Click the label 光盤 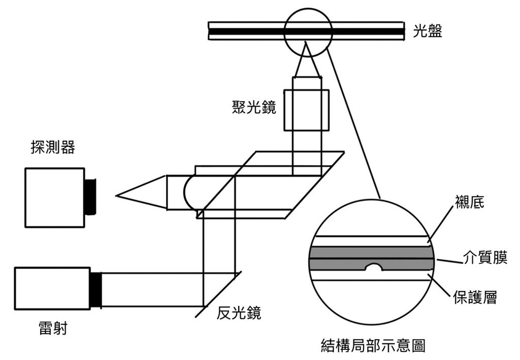tap(428, 31)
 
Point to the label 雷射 tap(52, 329)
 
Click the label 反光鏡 tap(239, 313)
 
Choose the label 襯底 tap(470, 203)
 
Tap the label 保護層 tap(475, 297)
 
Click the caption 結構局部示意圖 tap(373, 346)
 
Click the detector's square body tap(54, 197)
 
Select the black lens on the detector tap(91, 197)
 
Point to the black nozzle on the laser tap(96, 289)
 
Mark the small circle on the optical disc tap(307, 31)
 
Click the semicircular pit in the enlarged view tap(373, 267)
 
